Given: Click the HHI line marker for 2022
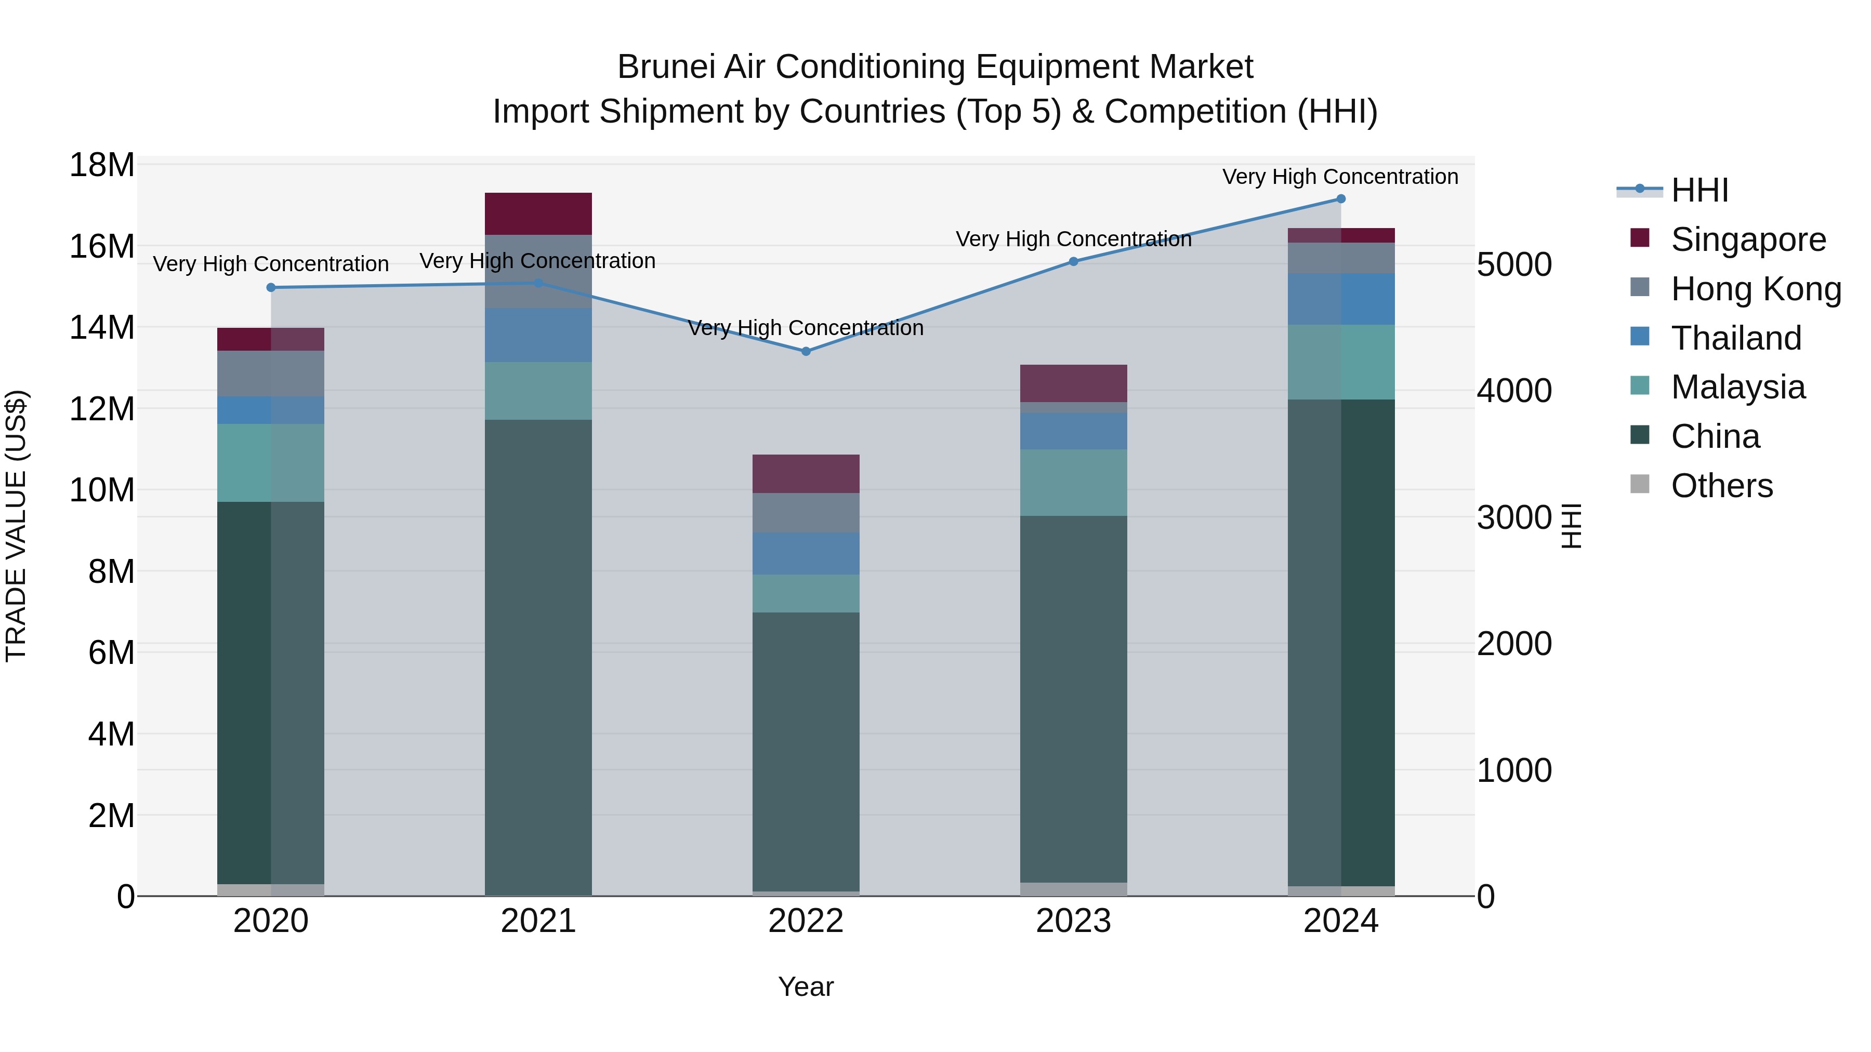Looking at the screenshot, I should [x=806, y=351].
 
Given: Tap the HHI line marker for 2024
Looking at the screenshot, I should [x=1341, y=199].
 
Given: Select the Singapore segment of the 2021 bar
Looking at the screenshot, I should [x=538, y=214].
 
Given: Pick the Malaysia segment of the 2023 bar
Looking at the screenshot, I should [x=1074, y=482].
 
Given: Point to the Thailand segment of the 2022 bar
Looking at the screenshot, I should [x=806, y=553].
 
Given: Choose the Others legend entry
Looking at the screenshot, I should [x=1721, y=486].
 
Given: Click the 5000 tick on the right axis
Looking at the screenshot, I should [x=1514, y=264].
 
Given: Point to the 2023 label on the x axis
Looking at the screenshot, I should [x=1074, y=921].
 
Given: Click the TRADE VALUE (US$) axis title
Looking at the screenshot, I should [x=16, y=526].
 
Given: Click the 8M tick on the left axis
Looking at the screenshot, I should [x=110, y=571].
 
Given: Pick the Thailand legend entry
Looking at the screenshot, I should [x=1736, y=338].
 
